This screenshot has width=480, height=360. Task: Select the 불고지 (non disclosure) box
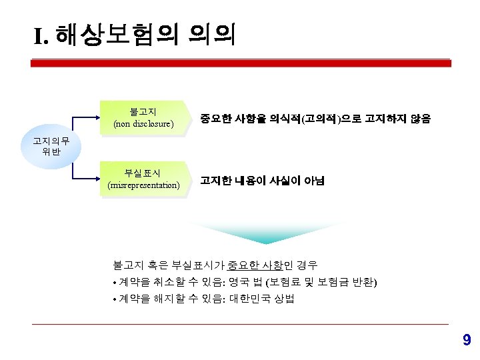coord(143,117)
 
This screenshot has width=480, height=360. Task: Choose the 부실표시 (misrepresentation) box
coord(143,179)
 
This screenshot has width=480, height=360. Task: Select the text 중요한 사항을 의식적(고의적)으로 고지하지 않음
coord(315,119)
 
